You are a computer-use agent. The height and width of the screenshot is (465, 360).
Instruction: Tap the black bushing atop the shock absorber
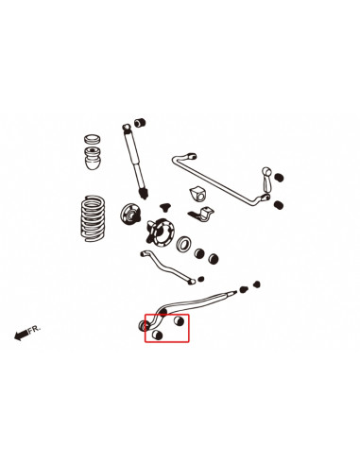[x=140, y=122]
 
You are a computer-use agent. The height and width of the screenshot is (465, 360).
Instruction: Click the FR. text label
[x=34, y=331]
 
